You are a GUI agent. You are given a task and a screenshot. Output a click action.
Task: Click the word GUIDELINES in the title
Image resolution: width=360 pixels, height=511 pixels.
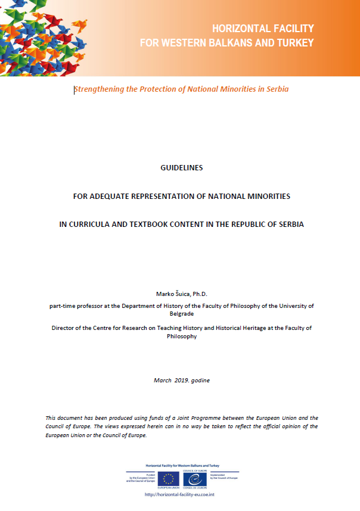point(182,168)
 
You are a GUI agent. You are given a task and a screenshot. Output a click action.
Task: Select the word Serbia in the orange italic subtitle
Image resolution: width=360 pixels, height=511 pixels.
point(277,89)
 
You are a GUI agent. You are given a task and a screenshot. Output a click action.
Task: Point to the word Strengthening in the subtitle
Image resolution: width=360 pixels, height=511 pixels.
point(99,89)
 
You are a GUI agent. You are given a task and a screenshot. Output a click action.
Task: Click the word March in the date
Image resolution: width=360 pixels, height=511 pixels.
point(163,380)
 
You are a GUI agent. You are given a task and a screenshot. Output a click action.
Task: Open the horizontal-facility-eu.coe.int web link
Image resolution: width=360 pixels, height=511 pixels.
point(179,494)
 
